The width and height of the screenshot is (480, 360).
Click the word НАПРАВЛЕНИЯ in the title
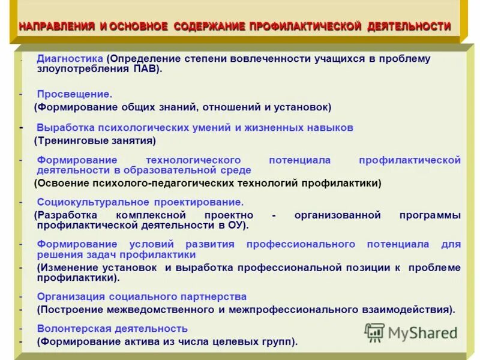(x=57, y=27)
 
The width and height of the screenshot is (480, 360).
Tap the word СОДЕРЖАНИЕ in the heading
(x=209, y=27)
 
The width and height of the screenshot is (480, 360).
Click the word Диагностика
(x=70, y=59)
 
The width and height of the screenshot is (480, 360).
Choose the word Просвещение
(x=74, y=94)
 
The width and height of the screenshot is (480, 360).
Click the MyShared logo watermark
(x=411, y=332)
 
